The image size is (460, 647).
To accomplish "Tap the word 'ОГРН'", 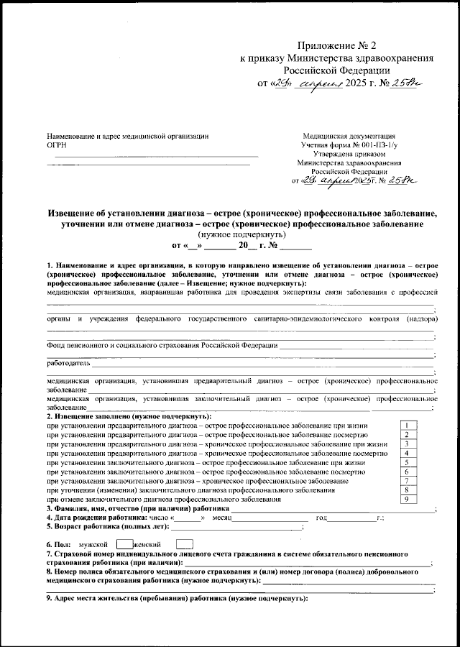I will click(57, 144).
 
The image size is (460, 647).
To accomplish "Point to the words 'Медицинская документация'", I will click(349, 135).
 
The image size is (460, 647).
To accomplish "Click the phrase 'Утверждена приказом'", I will click(349, 153).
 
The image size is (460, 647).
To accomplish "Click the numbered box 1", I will click(407, 426).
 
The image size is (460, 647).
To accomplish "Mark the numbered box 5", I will click(407, 462).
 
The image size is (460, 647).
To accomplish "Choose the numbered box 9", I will click(407, 499).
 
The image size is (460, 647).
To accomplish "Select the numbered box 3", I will click(407, 444).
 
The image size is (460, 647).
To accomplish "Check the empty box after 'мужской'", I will click(124, 546).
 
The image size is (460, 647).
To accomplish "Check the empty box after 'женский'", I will click(184, 546).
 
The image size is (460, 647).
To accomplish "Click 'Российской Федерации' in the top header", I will click(336, 70).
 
